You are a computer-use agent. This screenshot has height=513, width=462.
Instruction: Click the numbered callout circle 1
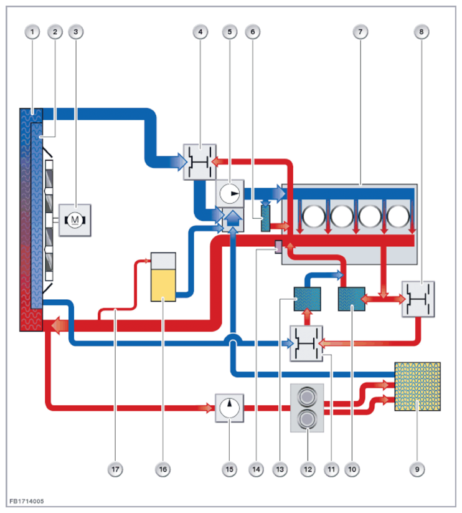[x=32, y=32]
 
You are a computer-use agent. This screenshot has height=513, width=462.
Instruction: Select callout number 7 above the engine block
[x=361, y=32]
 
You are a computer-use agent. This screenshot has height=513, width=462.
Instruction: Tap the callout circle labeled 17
[x=115, y=469]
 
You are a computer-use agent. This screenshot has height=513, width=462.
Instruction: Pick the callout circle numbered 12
[x=308, y=469]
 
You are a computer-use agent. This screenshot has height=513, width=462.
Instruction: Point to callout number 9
[x=417, y=469]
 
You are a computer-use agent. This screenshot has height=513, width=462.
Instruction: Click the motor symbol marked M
[x=75, y=220]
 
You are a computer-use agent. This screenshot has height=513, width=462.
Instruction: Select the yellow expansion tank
[x=163, y=277]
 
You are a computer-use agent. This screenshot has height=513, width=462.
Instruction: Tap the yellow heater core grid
[x=418, y=386]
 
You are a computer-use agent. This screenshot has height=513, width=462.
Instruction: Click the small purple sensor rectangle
[x=278, y=247]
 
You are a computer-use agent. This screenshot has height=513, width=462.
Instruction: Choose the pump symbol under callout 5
[x=230, y=193]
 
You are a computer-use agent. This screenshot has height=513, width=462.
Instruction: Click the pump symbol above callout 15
[x=229, y=408]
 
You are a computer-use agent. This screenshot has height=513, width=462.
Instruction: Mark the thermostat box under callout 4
[x=200, y=162]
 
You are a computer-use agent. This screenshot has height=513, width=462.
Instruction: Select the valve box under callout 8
[x=418, y=299]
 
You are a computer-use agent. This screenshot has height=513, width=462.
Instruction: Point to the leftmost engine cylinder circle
[x=314, y=216]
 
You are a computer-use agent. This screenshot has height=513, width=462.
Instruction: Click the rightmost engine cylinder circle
[x=398, y=216]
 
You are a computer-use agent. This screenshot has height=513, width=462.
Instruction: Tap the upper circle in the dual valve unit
[x=307, y=396]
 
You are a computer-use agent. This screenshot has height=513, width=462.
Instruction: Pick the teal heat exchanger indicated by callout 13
[x=307, y=299]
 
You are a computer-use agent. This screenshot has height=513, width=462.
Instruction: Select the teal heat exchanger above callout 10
[x=352, y=299]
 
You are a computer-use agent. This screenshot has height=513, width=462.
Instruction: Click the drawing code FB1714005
[x=27, y=501]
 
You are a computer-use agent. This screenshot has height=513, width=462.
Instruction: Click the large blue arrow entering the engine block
[x=265, y=194]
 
